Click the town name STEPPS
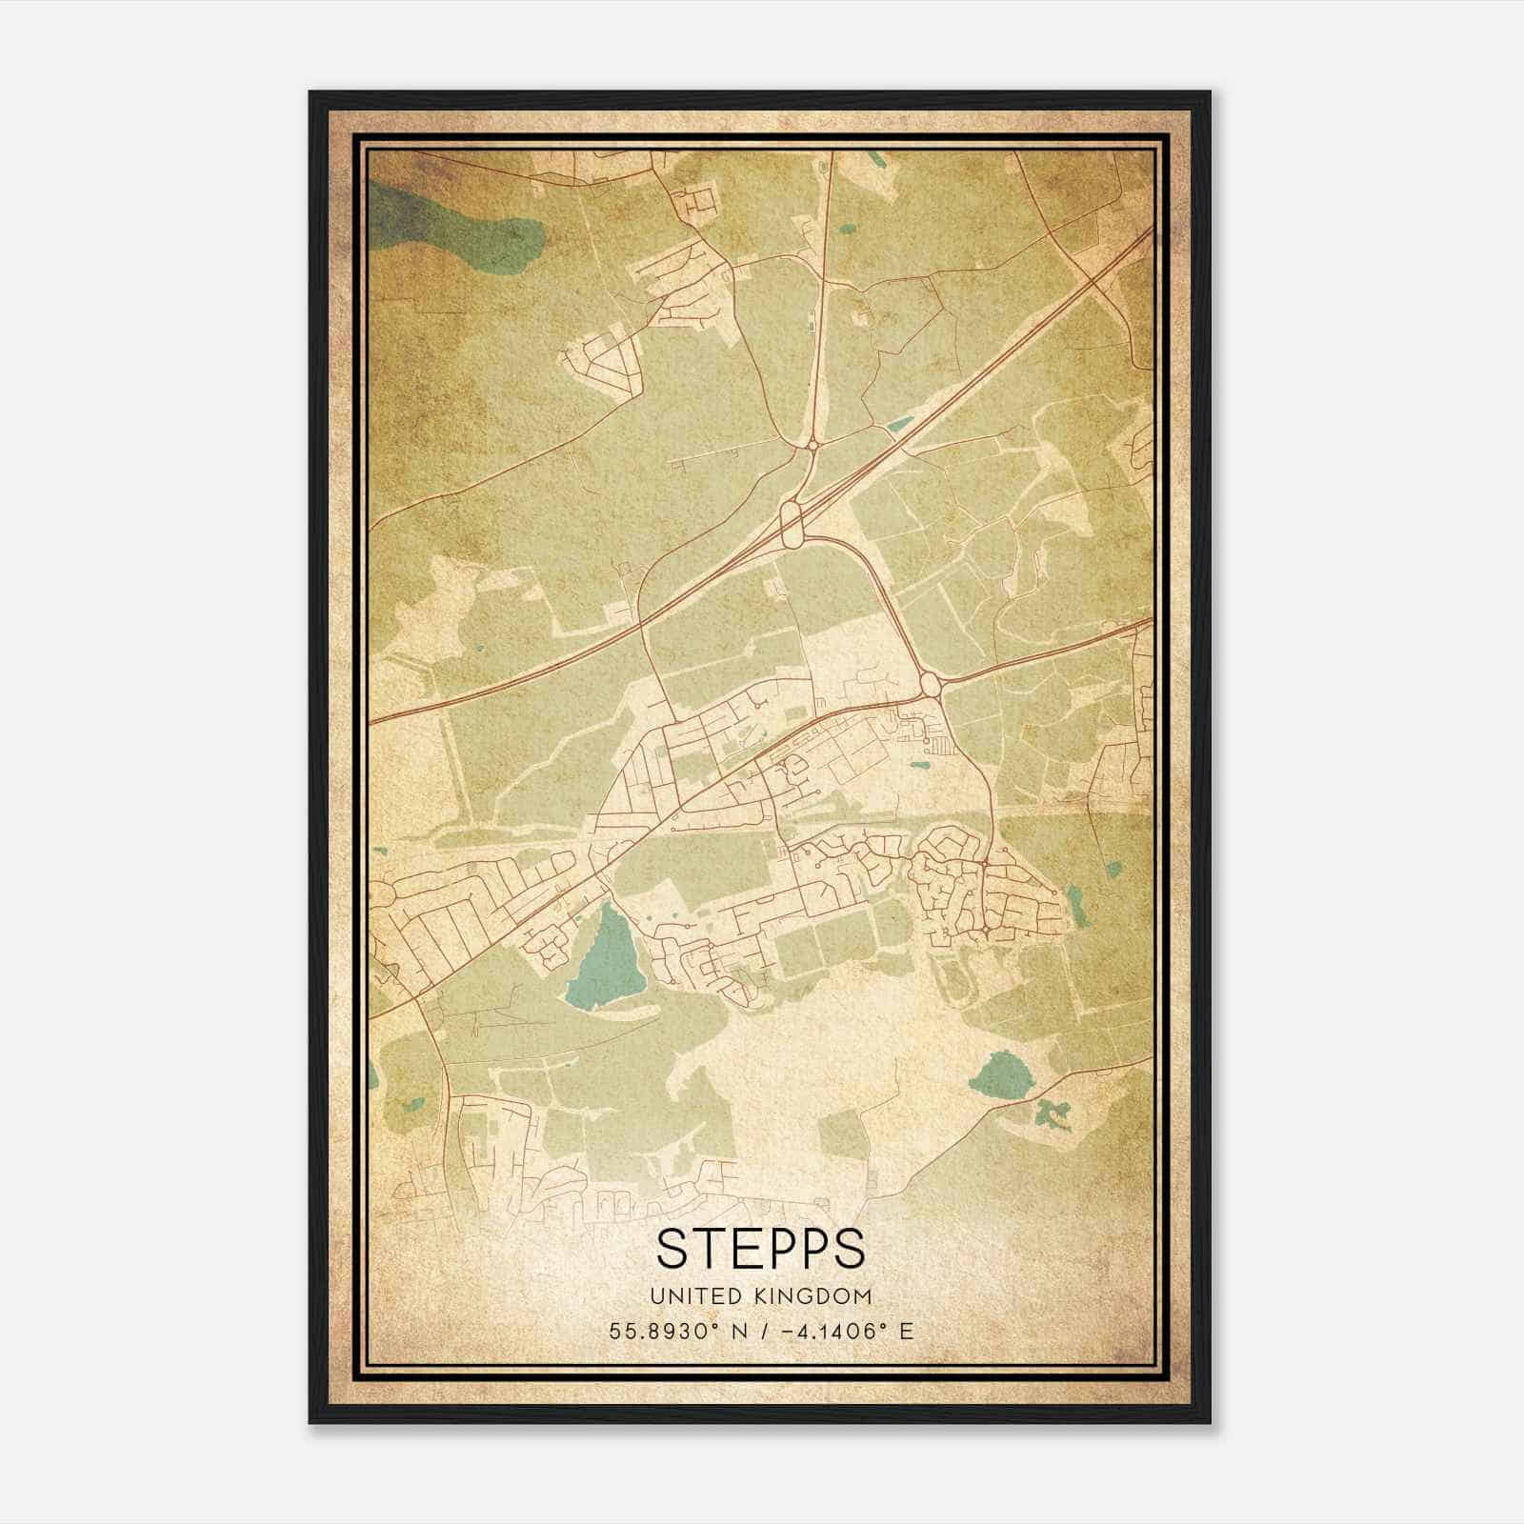click(x=760, y=1249)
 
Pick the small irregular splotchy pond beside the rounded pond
click(x=1053, y=1113)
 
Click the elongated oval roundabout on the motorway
click(x=791, y=523)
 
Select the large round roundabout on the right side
click(x=930, y=683)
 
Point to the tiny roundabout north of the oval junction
click(x=813, y=443)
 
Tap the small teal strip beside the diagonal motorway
click(x=897, y=426)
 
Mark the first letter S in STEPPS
click(x=672, y=1249)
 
